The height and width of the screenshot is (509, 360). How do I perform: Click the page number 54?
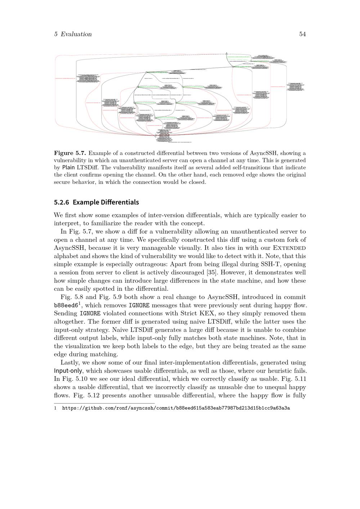click(302, 34)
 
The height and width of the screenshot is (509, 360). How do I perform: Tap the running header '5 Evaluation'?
click(73, 34)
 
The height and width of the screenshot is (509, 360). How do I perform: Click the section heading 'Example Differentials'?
click(105, 202)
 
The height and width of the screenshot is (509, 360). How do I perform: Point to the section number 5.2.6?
click(62, 202)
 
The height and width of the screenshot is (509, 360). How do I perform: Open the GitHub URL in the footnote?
click(176, 408)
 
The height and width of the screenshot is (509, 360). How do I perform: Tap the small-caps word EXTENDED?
click(289, 248)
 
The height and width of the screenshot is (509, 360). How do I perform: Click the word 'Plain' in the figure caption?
click(68, 167)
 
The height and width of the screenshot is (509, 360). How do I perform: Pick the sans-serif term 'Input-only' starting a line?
click(68, 371)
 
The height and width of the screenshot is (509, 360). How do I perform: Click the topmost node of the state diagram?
click(227, 54)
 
